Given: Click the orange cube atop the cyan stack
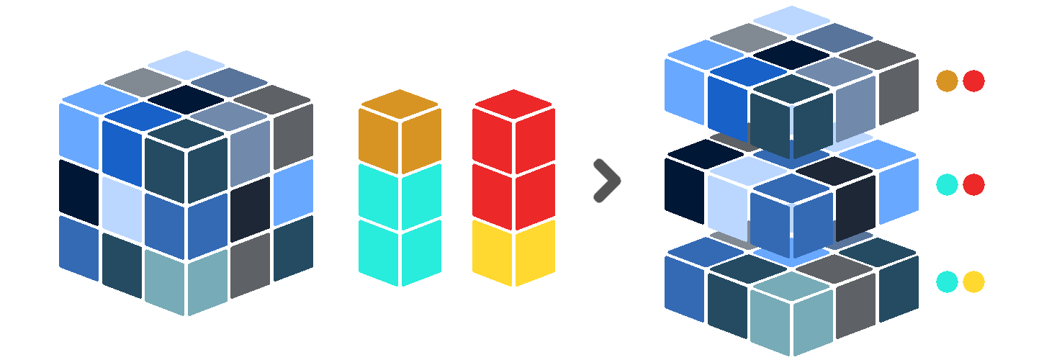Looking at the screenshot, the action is (400, 130).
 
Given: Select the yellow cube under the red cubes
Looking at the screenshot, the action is (513, 252).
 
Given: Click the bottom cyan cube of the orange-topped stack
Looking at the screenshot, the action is (400, 252).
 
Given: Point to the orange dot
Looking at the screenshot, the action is (947, 81).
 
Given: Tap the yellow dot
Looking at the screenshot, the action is (973, 282).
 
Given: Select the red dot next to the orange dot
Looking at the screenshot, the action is (973, 81).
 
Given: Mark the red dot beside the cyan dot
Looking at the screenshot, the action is (973, 185).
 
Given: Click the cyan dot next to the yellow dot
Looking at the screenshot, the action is (947, 282).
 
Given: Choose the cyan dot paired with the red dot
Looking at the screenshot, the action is (947, 185).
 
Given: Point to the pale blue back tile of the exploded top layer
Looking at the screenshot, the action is (792, 20).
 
